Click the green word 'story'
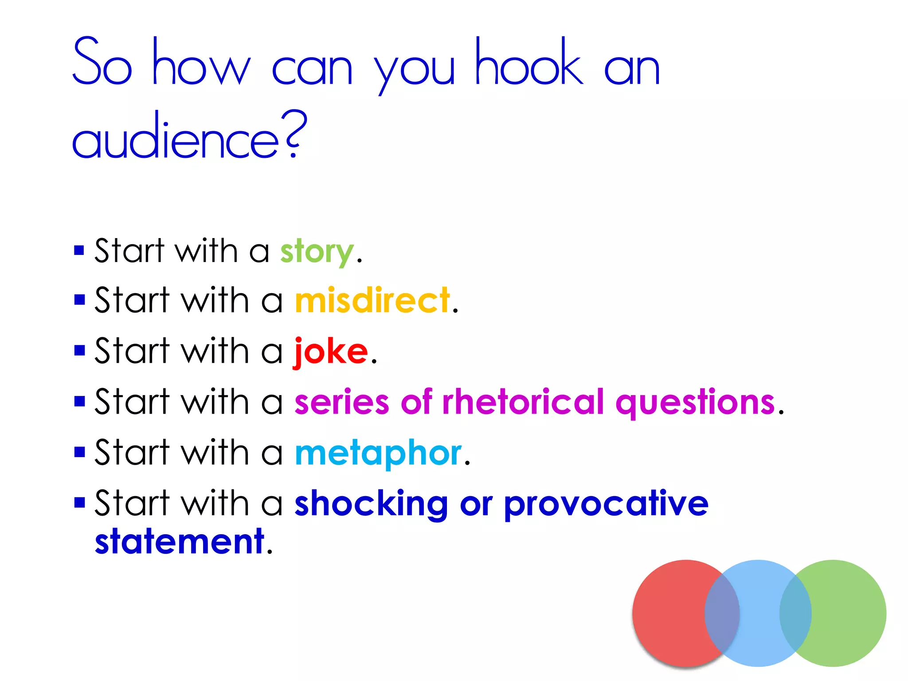coord(317,252)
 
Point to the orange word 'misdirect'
coord(372,301)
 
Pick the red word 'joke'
coord(331,352)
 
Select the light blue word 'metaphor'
coord(378,453)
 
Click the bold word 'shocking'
coord(371,504)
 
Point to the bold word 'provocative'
coord(606,504)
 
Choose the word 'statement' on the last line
coord(180,541)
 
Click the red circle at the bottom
coord(669,613)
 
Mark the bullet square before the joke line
coord(79,351)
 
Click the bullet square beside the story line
coord(79,251)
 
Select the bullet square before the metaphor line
coord(79,452)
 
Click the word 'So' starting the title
coord(102,63)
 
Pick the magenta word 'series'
coord(341,402)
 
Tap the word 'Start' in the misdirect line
coord(132,301)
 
